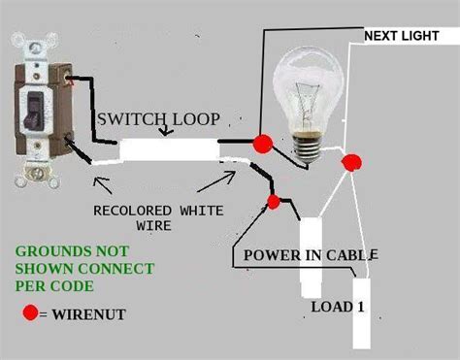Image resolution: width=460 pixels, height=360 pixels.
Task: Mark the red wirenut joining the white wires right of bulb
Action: (x=354, y=161)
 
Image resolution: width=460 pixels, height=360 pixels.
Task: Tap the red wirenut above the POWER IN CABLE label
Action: (x=275, y=202)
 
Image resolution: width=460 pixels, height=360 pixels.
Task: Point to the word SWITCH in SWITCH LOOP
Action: (x=124, y=120)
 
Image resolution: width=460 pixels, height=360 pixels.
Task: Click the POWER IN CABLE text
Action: (x=310, y=255)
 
